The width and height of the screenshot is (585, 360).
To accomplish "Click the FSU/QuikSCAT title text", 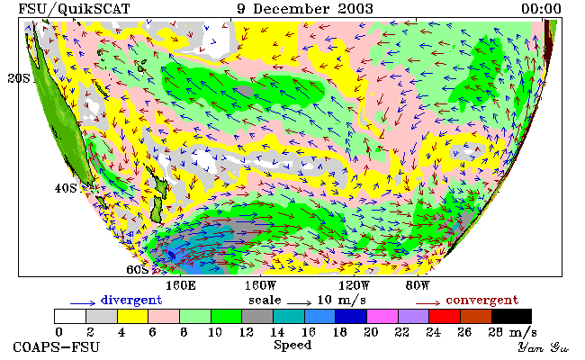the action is coord(74,9).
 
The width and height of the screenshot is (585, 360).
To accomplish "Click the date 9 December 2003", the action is coord(305,9).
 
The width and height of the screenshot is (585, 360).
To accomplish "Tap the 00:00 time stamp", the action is coord(541,9).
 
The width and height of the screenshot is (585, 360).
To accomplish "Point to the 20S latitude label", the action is coord(18,78).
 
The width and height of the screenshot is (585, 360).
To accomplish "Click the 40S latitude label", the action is coord(66,188).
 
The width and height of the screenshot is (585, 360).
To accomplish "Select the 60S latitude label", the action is coord(138,269).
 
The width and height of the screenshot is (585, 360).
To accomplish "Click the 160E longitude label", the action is coord(181,286).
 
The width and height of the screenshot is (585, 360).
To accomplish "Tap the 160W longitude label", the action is coord(260,286).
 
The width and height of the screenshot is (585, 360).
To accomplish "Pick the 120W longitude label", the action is coord(354,286).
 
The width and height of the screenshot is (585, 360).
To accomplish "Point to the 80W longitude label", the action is coord(418,286).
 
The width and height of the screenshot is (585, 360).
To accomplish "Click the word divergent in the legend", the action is coord(131,300).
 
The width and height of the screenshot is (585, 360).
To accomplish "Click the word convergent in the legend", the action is coord(482,300).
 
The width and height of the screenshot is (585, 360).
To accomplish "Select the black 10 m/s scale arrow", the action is coord(299,303).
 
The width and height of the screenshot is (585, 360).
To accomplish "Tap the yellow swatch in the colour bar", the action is coord(133,316).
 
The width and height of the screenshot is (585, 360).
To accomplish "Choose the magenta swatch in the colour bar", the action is coord(382,316).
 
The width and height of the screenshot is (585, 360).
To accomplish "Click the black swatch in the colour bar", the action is coord(511,316).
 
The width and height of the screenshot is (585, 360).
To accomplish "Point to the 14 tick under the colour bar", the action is coord(277,332).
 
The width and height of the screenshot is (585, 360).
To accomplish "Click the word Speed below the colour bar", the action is coord(292,345).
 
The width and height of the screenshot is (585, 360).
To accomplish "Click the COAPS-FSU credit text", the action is coord(57,347).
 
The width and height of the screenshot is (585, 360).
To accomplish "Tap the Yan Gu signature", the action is coord(544,348).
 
